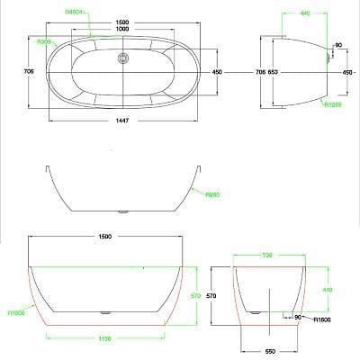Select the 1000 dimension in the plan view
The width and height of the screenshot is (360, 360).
pyautogui.click(x=128, y=28)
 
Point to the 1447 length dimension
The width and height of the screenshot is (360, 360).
pyautogui.click(x=126, y=130)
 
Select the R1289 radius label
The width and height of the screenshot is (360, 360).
pyautogui.click(x=333, y=104)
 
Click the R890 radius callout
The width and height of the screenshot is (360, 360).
pyautogui.click(x=213, y=194)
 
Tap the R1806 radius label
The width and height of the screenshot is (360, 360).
pyautogui.click(x=15, y=313)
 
